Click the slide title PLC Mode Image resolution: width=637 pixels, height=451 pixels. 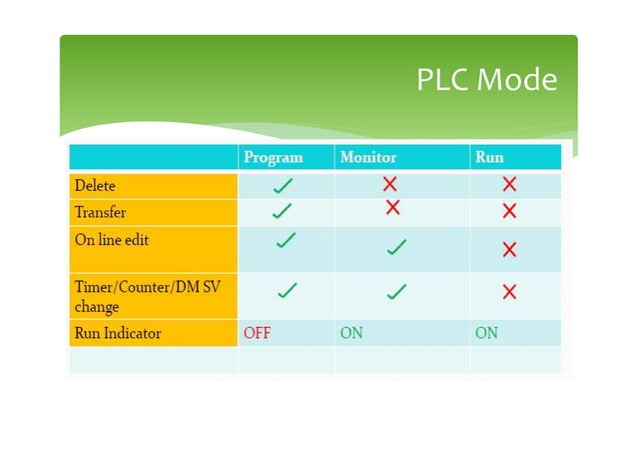[486, 79]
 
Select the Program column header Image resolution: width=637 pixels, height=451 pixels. [273, 157]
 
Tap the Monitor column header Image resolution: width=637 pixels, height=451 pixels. [367, 157]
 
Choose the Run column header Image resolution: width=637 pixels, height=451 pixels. [489, 157]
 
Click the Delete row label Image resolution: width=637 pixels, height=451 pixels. [95, 185]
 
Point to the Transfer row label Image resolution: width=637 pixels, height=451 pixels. [100, 212]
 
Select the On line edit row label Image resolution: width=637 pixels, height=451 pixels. [112, 240]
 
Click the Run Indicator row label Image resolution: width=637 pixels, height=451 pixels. [117, 333]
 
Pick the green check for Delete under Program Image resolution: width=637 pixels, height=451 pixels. [283, 185]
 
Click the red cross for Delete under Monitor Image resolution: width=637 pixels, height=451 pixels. [390, 184]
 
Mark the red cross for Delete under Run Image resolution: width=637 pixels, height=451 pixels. [509, 184]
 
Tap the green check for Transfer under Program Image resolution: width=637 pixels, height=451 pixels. [283, 211]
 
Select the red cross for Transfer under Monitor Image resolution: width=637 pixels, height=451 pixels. [392, 207]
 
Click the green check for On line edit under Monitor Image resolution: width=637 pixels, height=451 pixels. [396, 246]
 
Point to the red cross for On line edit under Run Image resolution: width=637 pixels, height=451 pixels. [509, 249]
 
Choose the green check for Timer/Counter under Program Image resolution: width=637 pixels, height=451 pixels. [287, 290]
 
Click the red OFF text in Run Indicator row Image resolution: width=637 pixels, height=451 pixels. [258, 333]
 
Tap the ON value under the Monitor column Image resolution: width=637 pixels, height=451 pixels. [351, 333]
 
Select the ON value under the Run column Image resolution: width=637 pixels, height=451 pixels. [486, 333]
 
